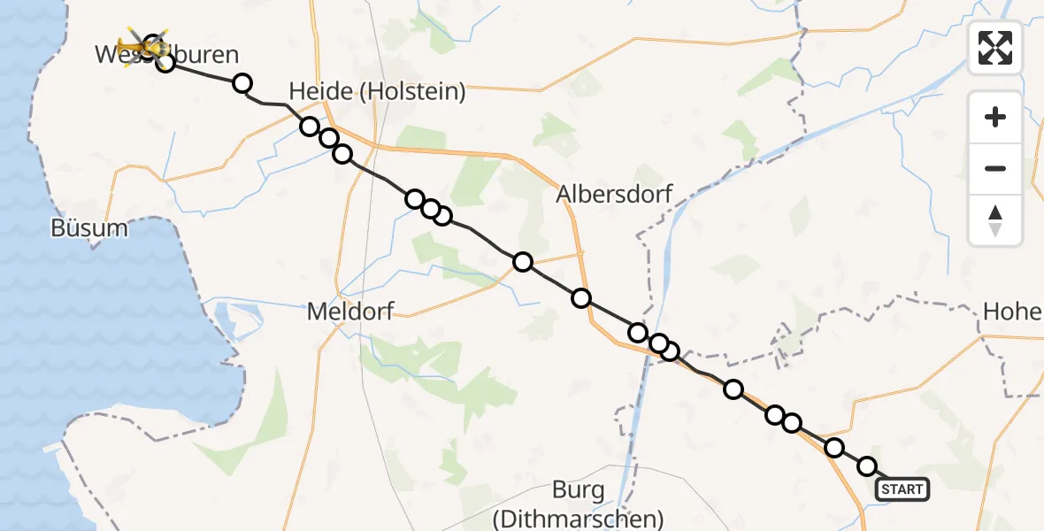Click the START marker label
pyautogui.click(x=902, y=489)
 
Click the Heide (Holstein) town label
pyautogui.click(x=377, y=91)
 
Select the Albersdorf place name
pyautogui.click(x=615, y=194)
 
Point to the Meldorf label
pyautogui.click(x=350, y=312)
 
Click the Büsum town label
pyautogui.click(x=88, y=228)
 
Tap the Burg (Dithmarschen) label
pyautogui.click(x=578, y=504)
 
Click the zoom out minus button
pyautogui.click(x=995, y=168)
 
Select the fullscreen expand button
pyautogui.click(x=995, y=47)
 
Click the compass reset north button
pyautogui.click(x=995, y=220)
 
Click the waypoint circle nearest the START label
pyautogui.click(x=867, y=466)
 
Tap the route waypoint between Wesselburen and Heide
pyautogui.click(x=242, y=84)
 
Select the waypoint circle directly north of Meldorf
pyautogui.click(x=342, y=155)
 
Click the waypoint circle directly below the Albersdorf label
pyautogui.click(x=581, y=298)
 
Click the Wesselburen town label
pyautogui.click(x=167, y=55)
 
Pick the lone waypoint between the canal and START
pyautogui.click(x=733, y=389)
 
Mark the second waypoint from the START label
pyautogui.click(x=833, y=448)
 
